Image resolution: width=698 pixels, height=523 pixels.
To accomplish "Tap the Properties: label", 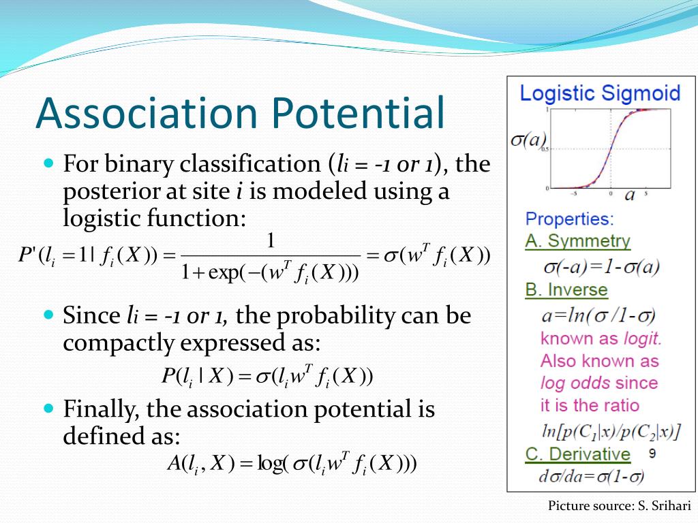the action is pos(569,219).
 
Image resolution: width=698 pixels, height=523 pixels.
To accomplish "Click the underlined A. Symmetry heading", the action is pos(578,241).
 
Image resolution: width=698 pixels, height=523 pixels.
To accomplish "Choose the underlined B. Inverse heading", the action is pos(566,290).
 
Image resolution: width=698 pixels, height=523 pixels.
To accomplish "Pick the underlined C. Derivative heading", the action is pos(578,454).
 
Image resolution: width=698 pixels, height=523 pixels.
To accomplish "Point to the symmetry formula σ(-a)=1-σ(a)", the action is pos(601,267).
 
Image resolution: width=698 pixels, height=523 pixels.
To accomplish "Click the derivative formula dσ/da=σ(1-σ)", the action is pos(592,476).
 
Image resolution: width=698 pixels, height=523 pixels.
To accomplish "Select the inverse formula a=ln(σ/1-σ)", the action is pos(598,315).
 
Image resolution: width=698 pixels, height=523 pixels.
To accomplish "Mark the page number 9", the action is pos(652,453).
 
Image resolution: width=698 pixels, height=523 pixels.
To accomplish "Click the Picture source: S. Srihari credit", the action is pos(619,506).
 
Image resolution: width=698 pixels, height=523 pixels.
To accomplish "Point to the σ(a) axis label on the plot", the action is pos(528,140).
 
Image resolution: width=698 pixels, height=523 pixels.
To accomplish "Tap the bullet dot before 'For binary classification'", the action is pos(49,163).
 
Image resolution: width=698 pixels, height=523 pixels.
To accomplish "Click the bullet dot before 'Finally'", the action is pos(49,408).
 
